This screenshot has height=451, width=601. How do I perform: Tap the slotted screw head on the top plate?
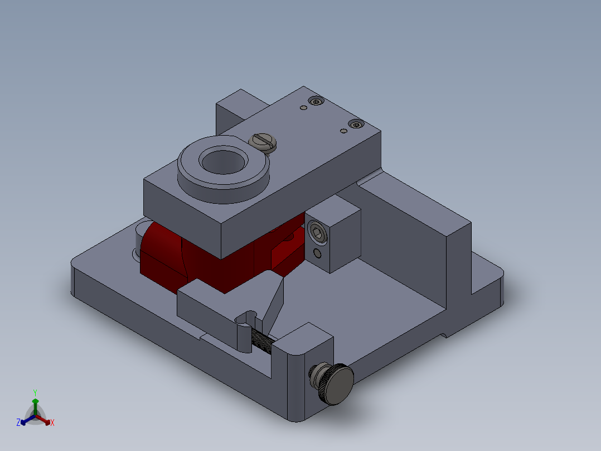coord(263,142)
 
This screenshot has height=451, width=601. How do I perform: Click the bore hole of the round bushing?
coord(222,161)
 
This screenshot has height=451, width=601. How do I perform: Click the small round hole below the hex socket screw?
coord(317,254)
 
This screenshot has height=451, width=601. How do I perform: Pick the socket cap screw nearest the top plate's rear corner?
coord(317,102)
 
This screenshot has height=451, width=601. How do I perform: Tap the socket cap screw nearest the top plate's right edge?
coord(355,124)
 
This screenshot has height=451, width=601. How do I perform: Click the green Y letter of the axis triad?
coord(35,392)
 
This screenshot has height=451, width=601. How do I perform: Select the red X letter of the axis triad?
coord(52,423)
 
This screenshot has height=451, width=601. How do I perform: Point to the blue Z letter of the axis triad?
coord(18,423)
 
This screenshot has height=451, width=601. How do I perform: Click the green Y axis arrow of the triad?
coord(35,404)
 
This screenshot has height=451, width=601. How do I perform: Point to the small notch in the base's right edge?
coord(444,335)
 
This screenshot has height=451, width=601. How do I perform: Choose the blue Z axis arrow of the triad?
coord(26,420)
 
